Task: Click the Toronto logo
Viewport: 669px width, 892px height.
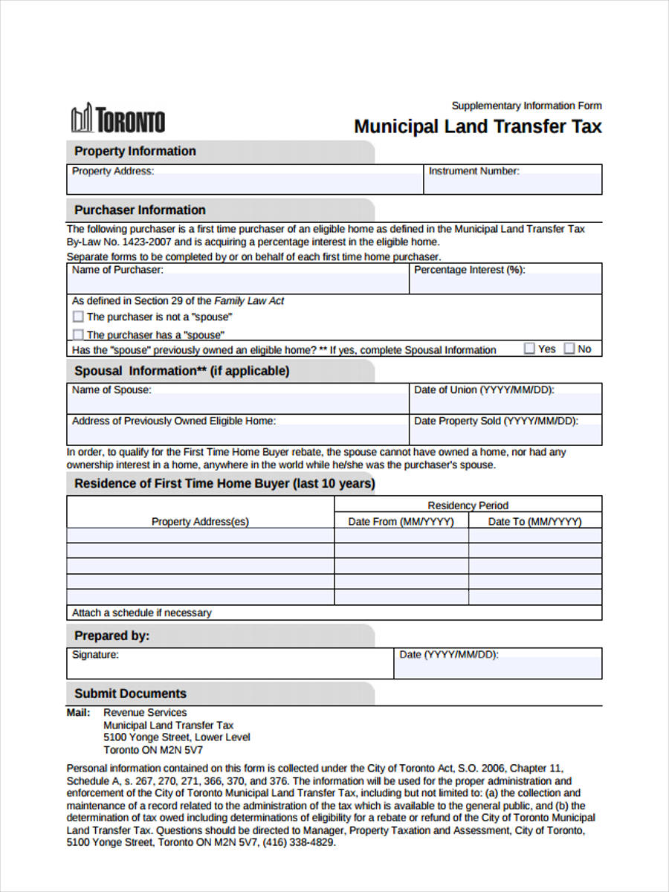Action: point(117,120)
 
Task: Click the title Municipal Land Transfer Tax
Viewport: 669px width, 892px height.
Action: point(477,126)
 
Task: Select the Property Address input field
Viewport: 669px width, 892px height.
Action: point(245,184)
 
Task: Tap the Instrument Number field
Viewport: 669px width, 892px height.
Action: point(513,184)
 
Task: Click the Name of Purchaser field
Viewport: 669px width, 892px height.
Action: point(238,283)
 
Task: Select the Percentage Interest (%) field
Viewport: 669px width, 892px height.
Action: point(505,283)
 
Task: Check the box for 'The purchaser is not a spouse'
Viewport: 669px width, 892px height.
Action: point(78,317)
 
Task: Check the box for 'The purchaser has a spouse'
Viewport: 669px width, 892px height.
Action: point(78,335)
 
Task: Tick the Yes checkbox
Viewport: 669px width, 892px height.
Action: point(529,348)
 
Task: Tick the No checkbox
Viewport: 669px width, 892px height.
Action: point(569,348)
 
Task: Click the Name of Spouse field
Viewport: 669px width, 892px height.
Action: point(238,404)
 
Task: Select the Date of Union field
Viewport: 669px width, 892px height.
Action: point(505,404)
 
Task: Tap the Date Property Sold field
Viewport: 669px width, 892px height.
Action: point(505,434)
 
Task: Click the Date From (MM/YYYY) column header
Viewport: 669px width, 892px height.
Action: point(401,522)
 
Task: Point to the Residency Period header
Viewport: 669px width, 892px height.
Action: point(468,505)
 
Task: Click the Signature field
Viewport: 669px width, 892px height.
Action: point(230,667)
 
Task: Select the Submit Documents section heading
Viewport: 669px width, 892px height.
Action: point(130,694)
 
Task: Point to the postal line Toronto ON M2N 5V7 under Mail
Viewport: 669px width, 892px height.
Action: point(152,750)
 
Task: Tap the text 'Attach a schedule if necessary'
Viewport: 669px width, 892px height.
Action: point(141,613)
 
